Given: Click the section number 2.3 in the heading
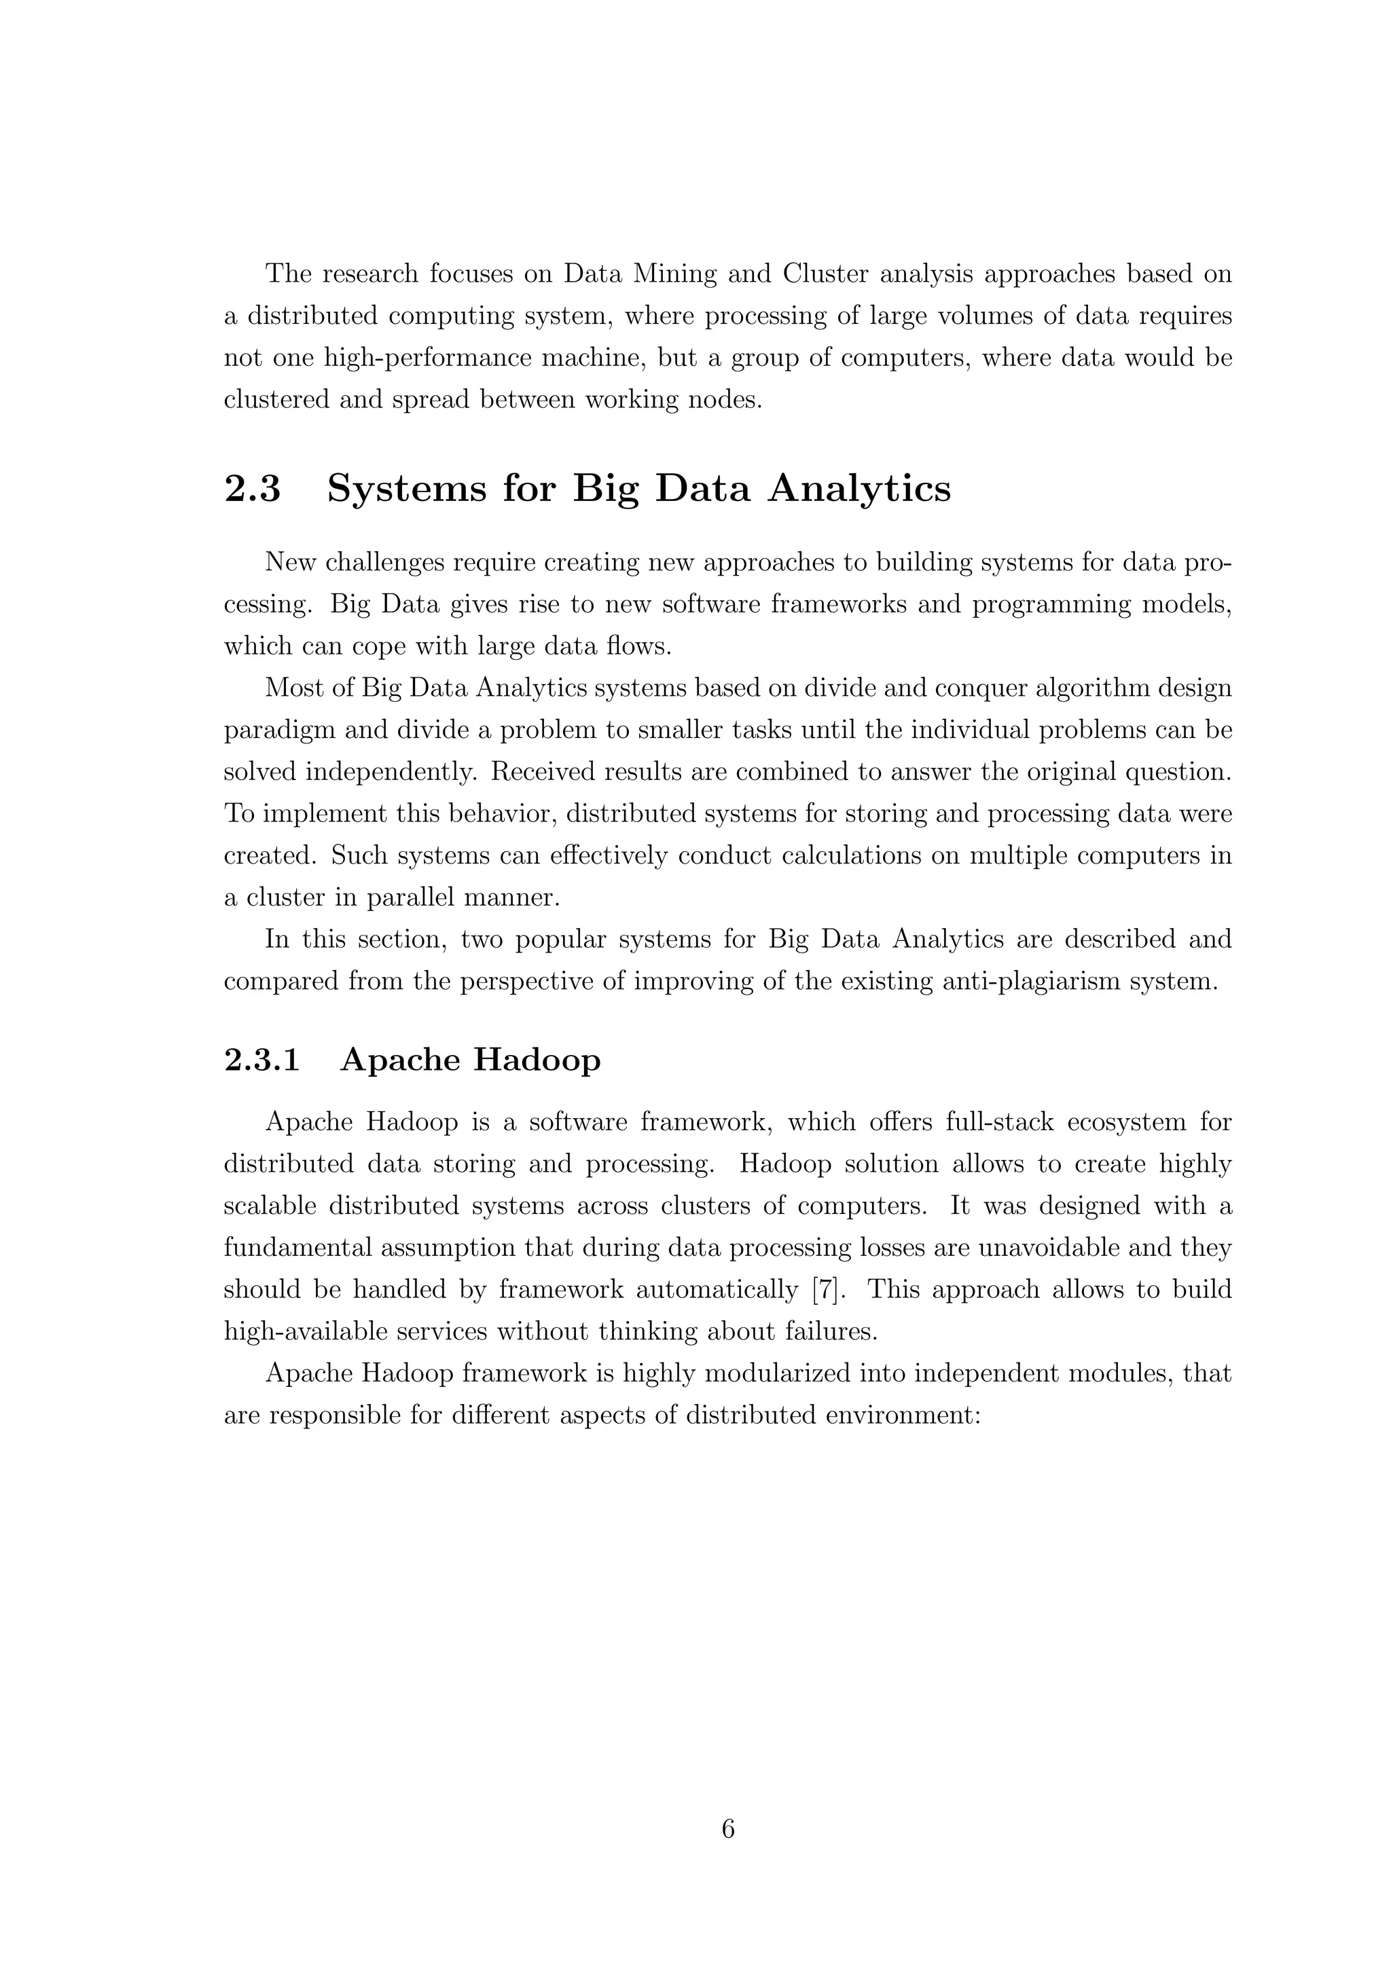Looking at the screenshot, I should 253,489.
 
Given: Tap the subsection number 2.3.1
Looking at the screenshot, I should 262,1060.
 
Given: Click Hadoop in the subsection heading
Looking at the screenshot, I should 537,1060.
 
